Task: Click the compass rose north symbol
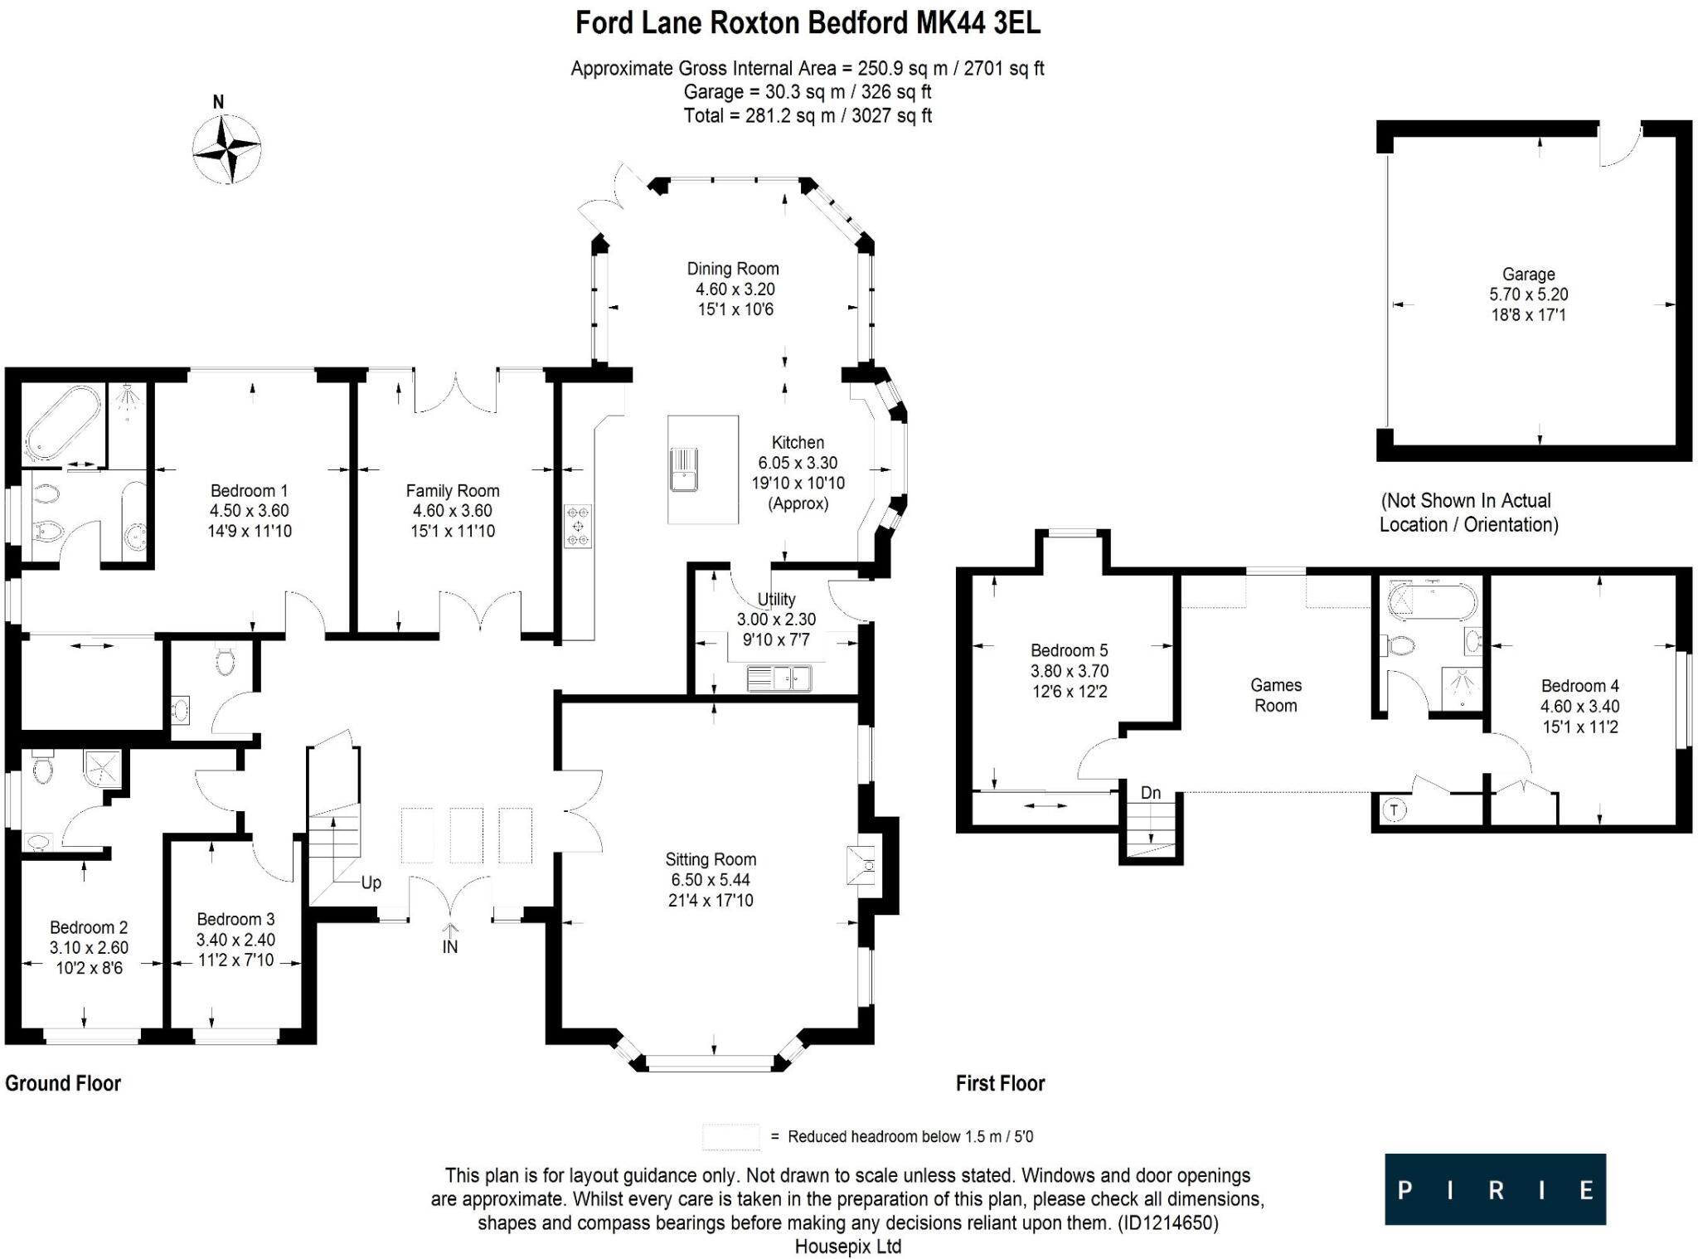pos(226,148)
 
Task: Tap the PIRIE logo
pos(1495,1189)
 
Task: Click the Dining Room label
pos(733,269)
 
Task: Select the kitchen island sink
pos(684,469)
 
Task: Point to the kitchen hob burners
pos(578,526)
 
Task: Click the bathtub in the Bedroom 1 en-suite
pos(62,422)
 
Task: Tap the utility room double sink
pos(779,678)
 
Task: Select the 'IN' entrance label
pos(450,946)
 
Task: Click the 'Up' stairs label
pos(371,882)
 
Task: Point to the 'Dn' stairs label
pos(1151,793)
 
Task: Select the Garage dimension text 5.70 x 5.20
pos(1529,294)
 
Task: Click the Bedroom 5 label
pos(1070,651)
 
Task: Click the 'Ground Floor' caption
pos(63,1083)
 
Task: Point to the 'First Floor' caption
pos(1000,1083)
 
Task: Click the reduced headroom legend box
pos(730,1137)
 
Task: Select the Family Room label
pos(453,491)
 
